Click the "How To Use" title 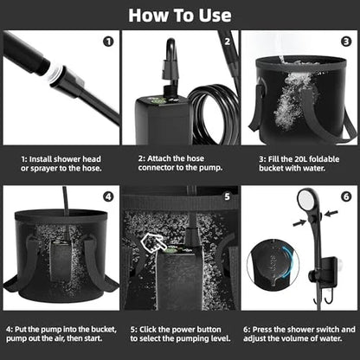pyautogui.click(x=180, y=15)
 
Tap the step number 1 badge pyautogui.click(x=107, y=41)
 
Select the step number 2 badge pyautogui.click(x=226, y=41)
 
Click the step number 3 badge pyautogui.click(x=344, y=41)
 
